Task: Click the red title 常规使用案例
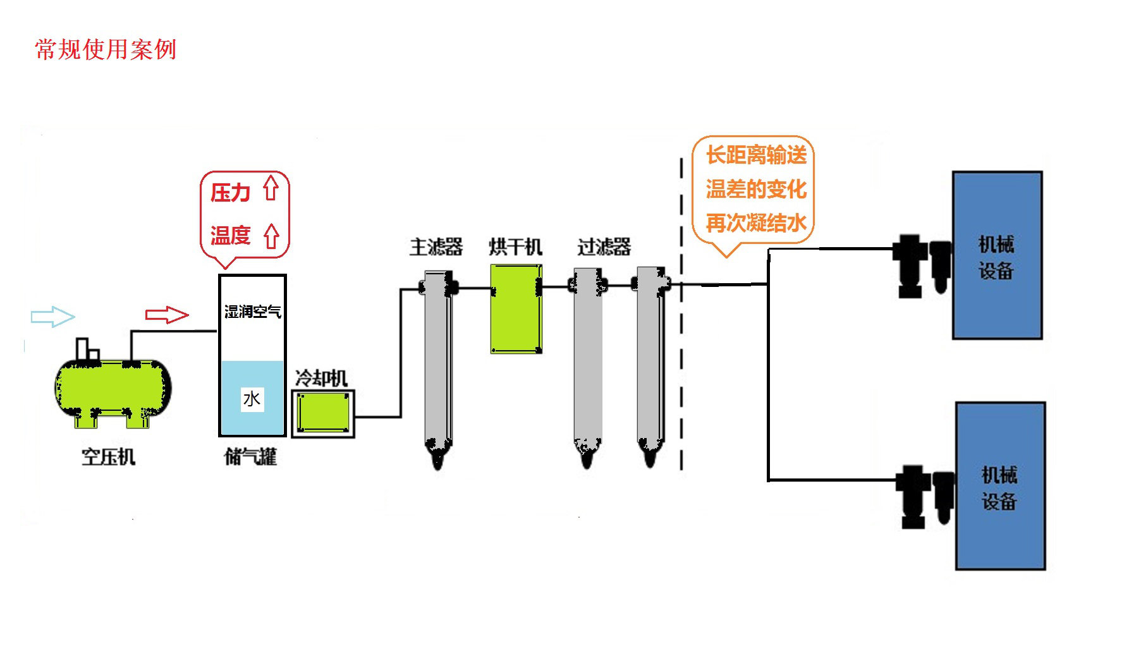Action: click(x=106, y=49)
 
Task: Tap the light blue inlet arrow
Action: click(x=52, y=316)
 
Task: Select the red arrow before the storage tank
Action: click(x=167, y=314)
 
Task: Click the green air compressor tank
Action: click(x=113, y=387)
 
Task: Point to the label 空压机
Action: click(x=108, y=456)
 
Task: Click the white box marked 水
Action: click(x=252, y=399)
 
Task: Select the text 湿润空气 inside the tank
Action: click(x=252, y=312)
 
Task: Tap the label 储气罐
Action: click(x=250, y=456)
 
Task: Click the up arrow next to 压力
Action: click(x=271, y=188)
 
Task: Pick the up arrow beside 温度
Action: click(x=271, y=236)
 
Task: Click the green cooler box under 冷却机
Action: click(x=323, y=413)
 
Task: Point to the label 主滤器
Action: click(x=436, y=246)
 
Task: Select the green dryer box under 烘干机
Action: click(x=516, y=308)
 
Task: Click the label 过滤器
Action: click(x=604, y=246)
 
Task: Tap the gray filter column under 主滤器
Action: click(x=437, y=360)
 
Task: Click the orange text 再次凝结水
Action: click(x=755, y=223)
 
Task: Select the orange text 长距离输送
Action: click(x=756, y=155)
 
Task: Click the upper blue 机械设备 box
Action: click(x=997, y=255)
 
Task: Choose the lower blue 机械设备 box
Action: click(x=999, y=486)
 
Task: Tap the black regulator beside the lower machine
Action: click(x=913, y=496)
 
